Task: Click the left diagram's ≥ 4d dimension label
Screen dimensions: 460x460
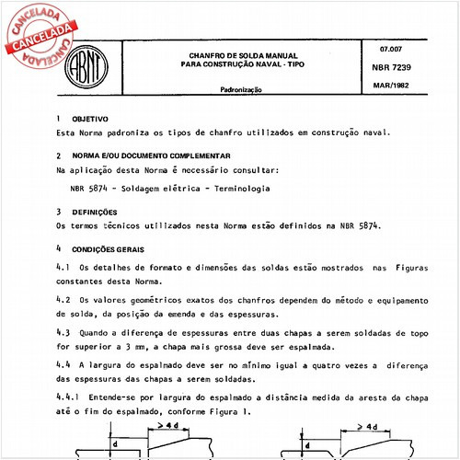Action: [x=167, y=426]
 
